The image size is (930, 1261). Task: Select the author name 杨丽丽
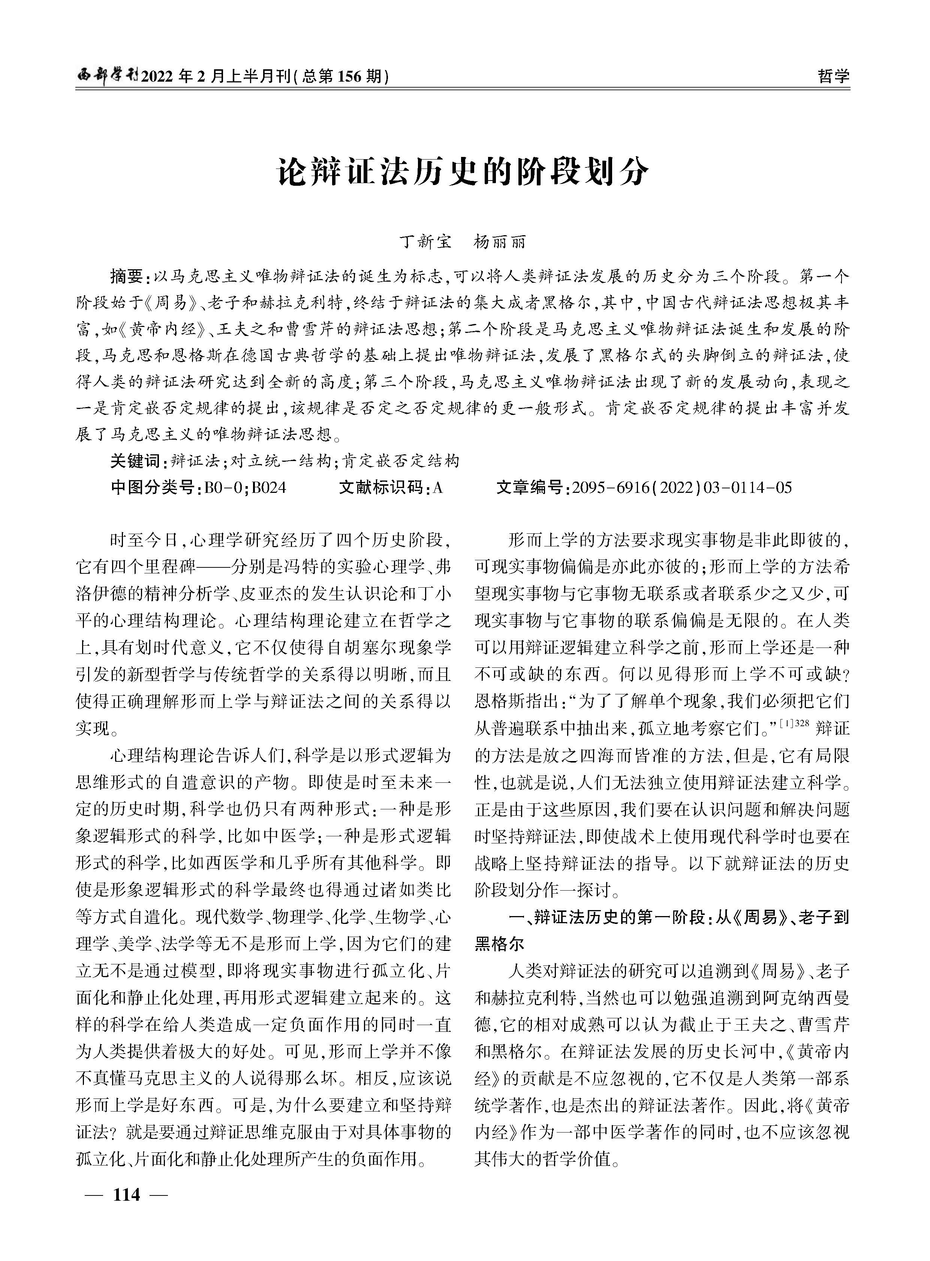tap(500, 242)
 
